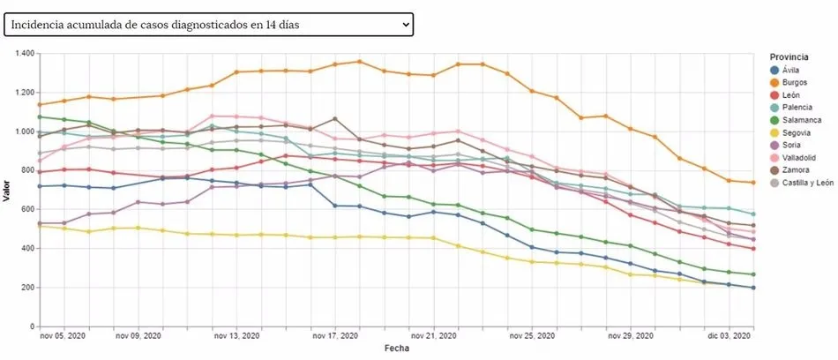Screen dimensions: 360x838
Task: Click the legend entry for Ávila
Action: (790, 70)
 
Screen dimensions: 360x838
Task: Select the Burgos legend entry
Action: (794, 82)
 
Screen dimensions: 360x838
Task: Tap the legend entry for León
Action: (790, 95)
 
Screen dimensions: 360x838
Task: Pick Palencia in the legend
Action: (795, 108)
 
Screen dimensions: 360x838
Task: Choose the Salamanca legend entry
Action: (798, 120)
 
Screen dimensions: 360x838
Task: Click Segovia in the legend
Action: (795, 132)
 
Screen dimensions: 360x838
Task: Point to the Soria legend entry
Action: (790, 146)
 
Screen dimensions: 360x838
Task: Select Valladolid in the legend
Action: (797, 158)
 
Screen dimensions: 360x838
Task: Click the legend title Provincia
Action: (788, 56)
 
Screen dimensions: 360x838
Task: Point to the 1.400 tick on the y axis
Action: (23, 54)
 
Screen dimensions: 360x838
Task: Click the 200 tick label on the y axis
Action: (26, 288)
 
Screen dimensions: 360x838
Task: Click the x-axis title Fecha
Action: (395, 349)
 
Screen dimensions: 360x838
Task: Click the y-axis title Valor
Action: (7, 190)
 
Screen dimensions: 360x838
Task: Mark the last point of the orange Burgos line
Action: (752, 183)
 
